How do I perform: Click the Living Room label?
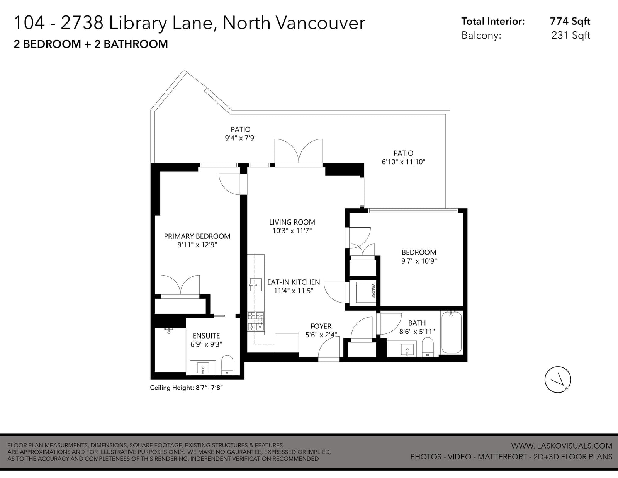coord(292,222)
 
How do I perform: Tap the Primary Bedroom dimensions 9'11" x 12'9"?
coord(197,245)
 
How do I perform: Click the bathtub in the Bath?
coord(452,332)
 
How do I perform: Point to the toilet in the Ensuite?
coord(227,365)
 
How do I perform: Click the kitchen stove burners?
coord(256,321)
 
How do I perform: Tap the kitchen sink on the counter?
coord(255,285)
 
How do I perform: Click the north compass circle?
coord(558,380)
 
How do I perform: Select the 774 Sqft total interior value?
coord(570,21)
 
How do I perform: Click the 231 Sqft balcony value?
coord(570,35)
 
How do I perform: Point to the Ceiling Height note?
coord(186,388)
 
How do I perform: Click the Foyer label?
coord(321,326)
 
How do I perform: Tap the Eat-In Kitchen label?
coord(294,282)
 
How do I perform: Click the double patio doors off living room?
coord(299,151)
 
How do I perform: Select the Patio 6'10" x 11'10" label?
coord(403,157)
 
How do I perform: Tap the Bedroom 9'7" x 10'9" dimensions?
coord(419,261)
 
